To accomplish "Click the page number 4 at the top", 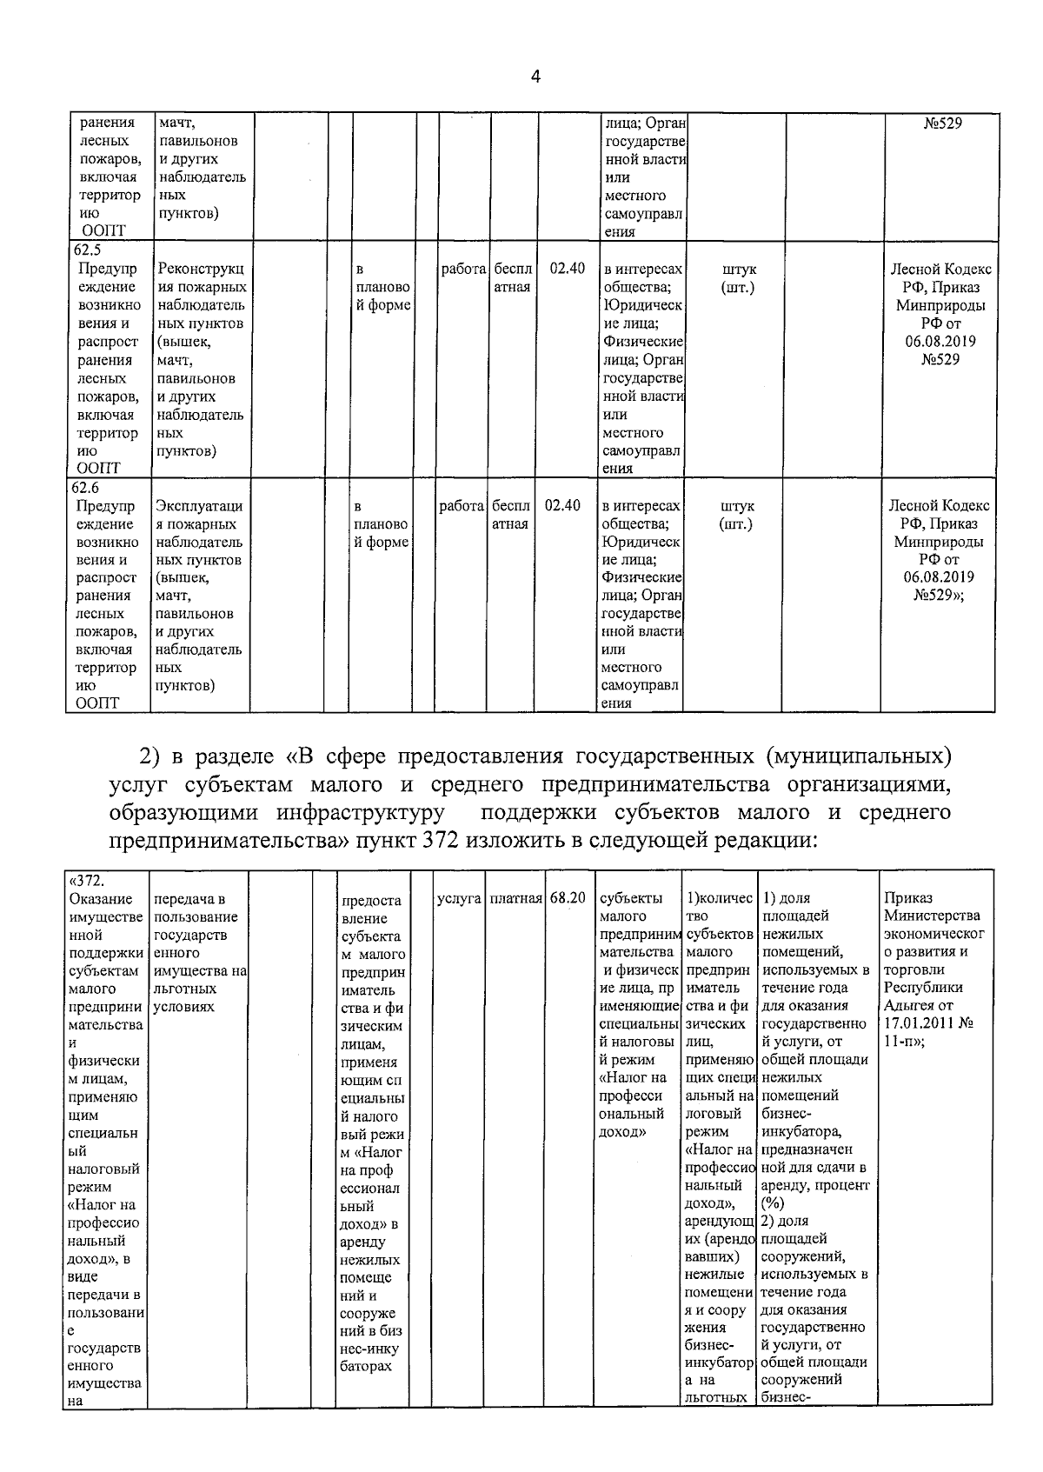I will click(x=535, y=77).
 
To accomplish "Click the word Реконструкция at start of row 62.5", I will click(x=201, y=270).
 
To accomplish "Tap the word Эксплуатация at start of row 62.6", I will click(x=199, y=506).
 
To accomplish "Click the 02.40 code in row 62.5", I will click(x=567, y=269).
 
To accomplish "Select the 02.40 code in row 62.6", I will click(x=562, y=505).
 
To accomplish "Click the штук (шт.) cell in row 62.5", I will click(x=737, y=278).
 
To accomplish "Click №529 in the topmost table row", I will click(x=942, y=123).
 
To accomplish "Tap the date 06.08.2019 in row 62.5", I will click(x=940, y=341).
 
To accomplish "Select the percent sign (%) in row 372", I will click(x=772, y=1203).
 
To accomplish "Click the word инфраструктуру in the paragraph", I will click(x=360, y=813).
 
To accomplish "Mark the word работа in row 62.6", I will click(x=462, y=505).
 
